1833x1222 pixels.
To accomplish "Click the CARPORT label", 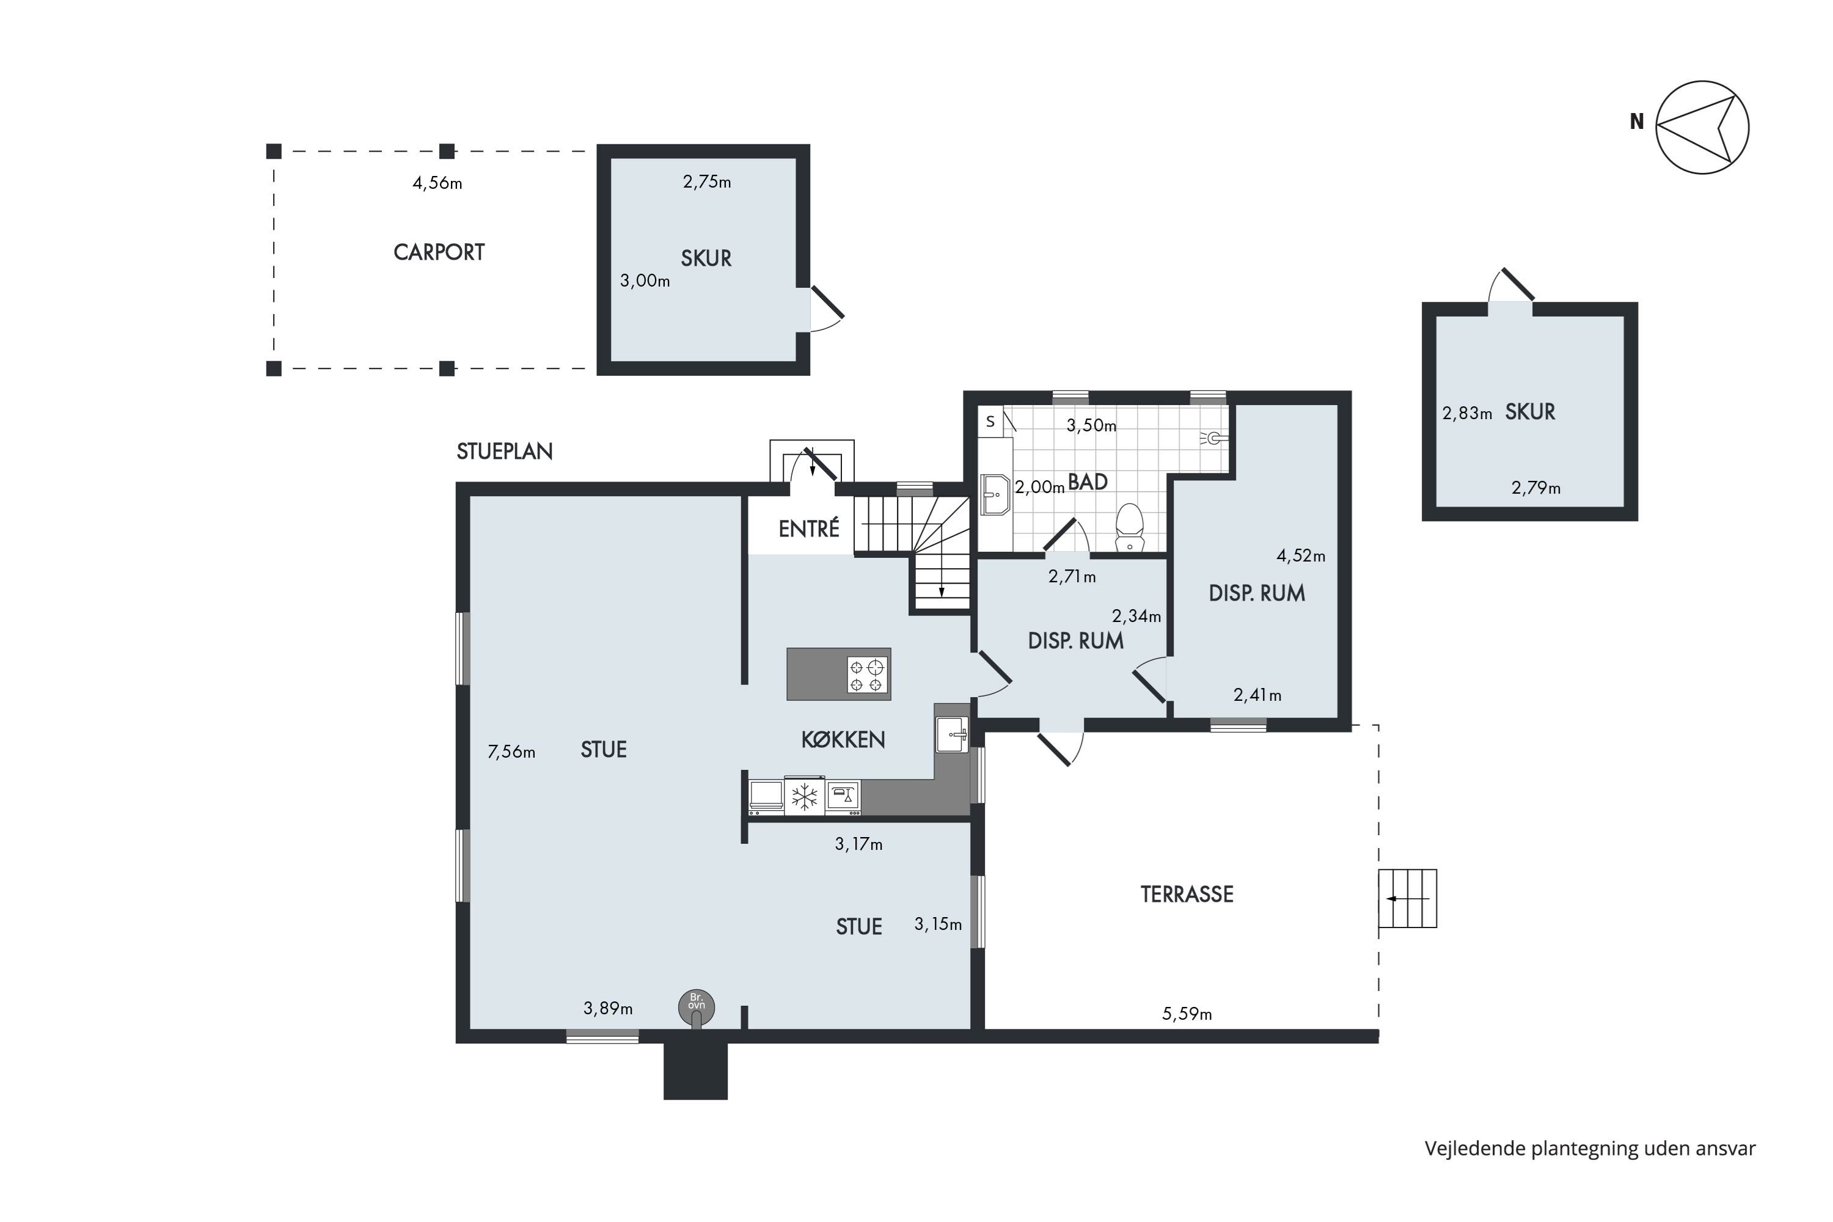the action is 439,252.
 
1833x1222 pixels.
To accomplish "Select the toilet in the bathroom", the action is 1129,528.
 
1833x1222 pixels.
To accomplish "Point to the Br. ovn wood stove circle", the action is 696,1006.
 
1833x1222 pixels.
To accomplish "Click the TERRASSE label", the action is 1187,895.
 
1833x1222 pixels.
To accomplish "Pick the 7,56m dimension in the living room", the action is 511,752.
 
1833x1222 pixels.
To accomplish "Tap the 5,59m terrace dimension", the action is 1187,1014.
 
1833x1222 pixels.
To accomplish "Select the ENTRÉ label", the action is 809,529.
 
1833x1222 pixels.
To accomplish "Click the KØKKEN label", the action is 843,739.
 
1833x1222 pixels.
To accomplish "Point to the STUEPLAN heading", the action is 504,452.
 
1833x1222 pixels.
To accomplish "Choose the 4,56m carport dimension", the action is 437,183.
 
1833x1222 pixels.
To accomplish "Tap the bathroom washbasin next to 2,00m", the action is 995,494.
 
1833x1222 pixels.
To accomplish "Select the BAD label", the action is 1088,483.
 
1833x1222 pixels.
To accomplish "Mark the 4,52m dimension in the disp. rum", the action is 1301,557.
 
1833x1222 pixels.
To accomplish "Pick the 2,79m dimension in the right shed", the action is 1536,489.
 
